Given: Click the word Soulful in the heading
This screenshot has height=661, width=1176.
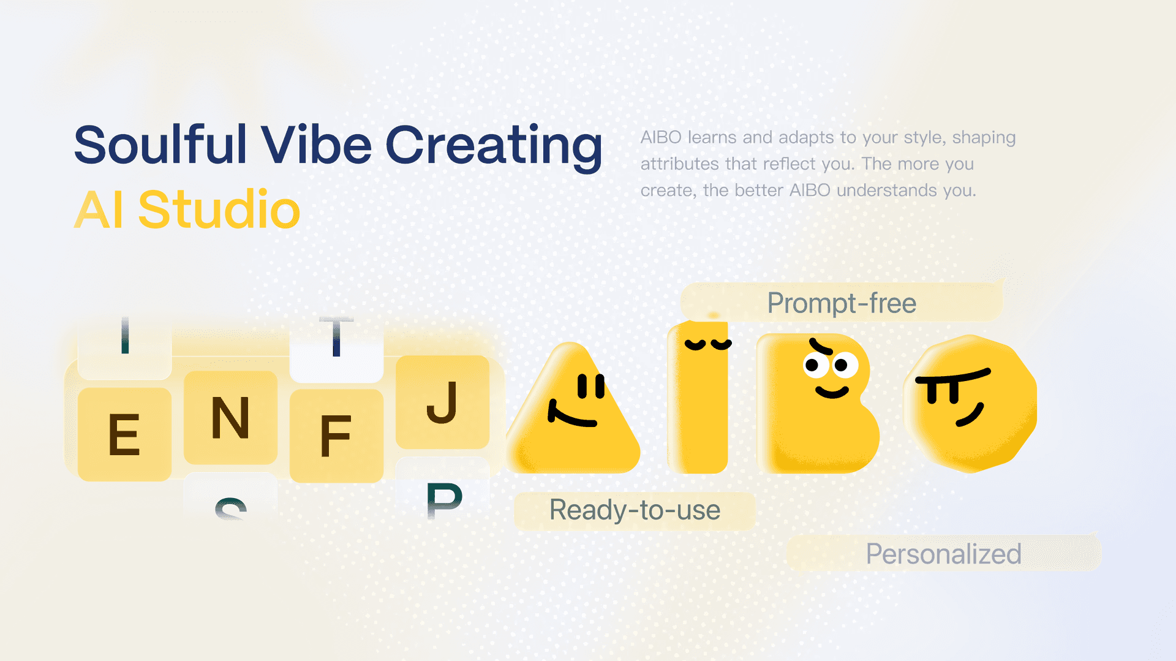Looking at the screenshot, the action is pyautogui.click(x=160, y=145).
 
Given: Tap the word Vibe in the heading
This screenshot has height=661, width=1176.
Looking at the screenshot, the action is pyautogui.click(x=317, y=145).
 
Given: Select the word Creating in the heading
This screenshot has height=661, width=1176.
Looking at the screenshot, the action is pyautogui.click(x=494, y=147).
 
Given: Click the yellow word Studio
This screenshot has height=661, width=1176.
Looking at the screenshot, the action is pyautogui.click(x=219, y=210).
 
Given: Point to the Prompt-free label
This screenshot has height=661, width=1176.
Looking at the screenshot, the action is pyautogui.click(x=842, y=303).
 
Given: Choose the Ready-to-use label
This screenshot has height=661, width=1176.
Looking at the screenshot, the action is pyautogui.click(x=635, y=510).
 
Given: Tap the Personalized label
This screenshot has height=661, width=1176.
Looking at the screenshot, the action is pyautogui.click(x=943, y=553).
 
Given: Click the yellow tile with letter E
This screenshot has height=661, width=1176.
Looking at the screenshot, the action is pyautogui.click(x=124, y=434).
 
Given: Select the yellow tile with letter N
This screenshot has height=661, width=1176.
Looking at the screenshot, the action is pyautogui.click(x=230, y=417).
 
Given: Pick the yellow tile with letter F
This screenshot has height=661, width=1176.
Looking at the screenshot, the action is pyautogui.click(x=336, y=436).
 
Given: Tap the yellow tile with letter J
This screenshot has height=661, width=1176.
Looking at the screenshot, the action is pyautogui.click(x=442, y=402).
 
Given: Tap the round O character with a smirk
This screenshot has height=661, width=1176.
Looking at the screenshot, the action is pyautogui.click(x=971, y=404).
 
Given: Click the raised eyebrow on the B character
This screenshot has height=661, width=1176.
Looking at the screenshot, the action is pyautogui.click(x=821, y=347).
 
